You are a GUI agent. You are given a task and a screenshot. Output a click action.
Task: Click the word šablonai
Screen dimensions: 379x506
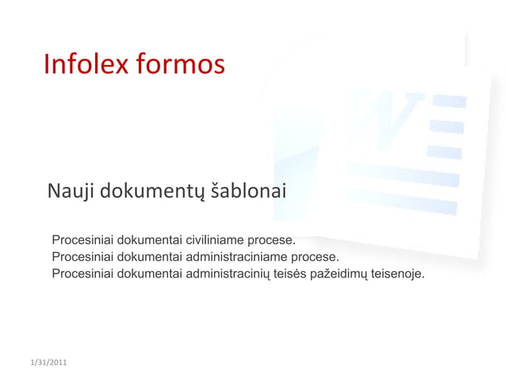248,191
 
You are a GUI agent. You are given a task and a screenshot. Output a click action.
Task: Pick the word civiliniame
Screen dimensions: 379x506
214,240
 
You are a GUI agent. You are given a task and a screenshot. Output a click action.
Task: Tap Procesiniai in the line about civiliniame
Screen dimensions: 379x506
82,240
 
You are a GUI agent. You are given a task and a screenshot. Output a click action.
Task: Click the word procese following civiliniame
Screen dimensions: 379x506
272,240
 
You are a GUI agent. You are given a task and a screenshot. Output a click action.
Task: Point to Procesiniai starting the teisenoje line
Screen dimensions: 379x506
82,274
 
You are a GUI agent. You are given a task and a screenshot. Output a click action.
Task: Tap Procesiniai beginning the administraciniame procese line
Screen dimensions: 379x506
82,257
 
